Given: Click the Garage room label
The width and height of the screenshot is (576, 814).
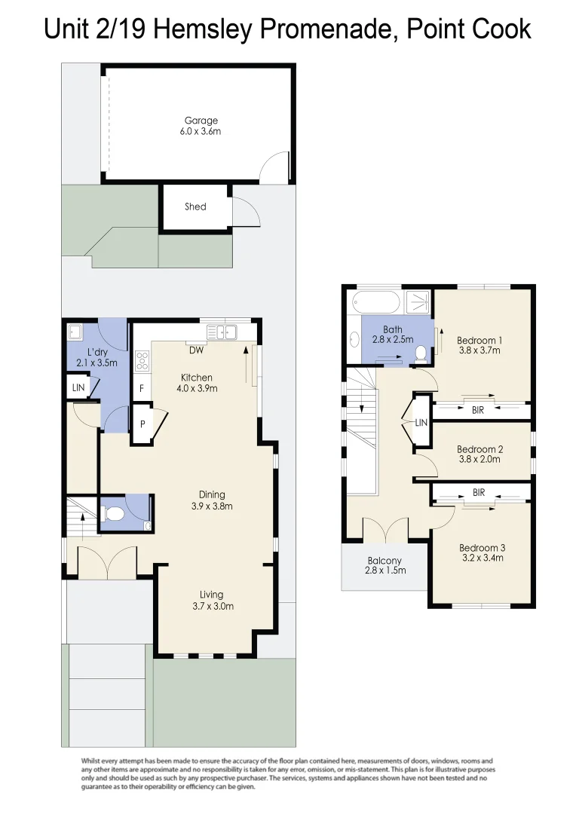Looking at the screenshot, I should tap(201, 121).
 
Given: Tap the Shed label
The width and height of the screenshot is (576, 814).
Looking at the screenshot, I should tap(195, 207).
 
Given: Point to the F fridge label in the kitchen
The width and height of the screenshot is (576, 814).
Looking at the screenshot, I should tap(141, 389).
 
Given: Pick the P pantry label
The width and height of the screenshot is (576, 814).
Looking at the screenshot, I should tap(142, 424).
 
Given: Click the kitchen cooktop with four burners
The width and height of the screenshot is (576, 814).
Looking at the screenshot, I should tap(142, 361).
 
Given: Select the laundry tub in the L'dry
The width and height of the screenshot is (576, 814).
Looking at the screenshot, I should tap(75, 332).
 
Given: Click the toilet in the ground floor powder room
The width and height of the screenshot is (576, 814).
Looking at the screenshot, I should tap(115, 515).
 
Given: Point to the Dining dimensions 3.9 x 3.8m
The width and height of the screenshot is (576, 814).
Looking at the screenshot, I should tap(211, 506).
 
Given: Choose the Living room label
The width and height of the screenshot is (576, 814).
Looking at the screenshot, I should tap(211, 595).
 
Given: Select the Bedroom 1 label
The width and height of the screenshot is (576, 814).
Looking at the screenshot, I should tap(479, 340).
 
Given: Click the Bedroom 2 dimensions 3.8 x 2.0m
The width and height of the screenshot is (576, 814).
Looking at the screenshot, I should tap(479, 459).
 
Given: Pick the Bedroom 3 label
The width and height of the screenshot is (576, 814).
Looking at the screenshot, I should tap(481, 548).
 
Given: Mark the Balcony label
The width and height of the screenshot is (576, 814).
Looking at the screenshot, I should tap(385, 561).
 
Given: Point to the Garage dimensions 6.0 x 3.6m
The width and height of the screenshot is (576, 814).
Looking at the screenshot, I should tap(201, 131).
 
